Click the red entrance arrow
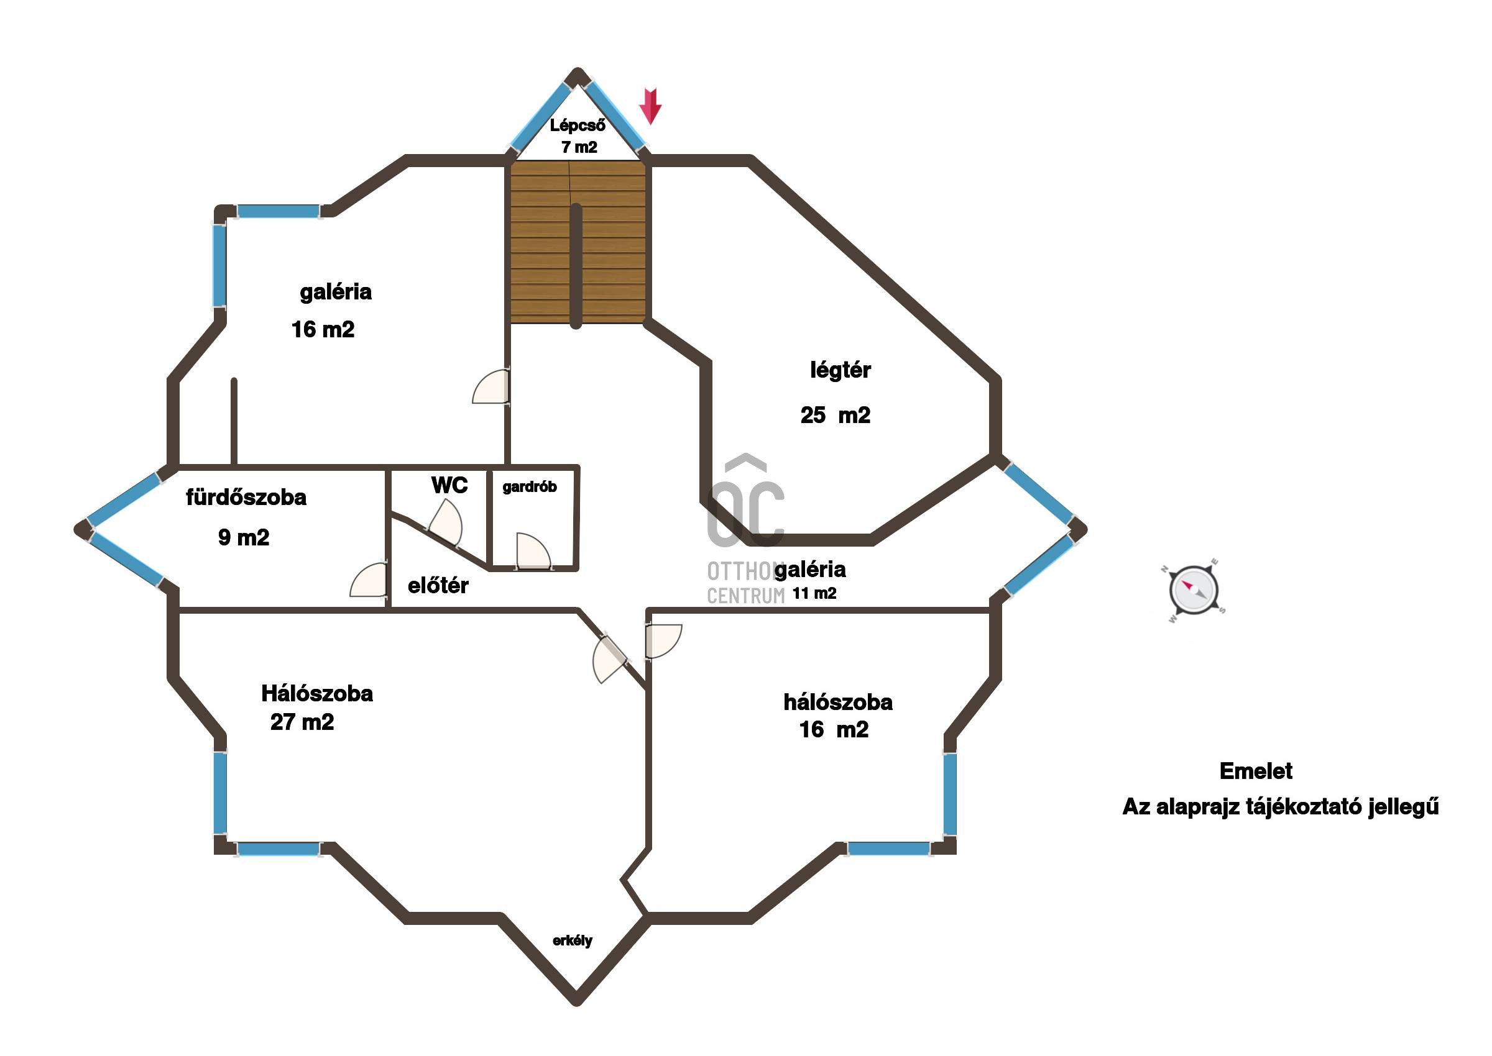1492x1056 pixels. pyautogui.click(x=650, y=106)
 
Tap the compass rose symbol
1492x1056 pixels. pyautogui.click(x=1194, y=590)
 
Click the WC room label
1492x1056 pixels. pyautogui.click(x=449, y=485)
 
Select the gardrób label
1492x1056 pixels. pyautogui.click(x=530, y=486)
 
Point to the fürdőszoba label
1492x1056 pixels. pyautogui.click(x=246, y=498)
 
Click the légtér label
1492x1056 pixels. pyautogui.click(x=840, y=370)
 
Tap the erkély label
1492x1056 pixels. pyautogui.click(x=573, y=941)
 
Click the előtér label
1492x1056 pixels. pyautogui.click(x=438, y=585)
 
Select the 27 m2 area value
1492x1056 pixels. pyautogui.click(x=302, y=722)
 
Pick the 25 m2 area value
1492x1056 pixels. pyautogui.click(x=836, y=415)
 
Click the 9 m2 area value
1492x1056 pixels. pyautogui.click(x=243, y=537)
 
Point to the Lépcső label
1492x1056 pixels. pyautogui.click(x=577, y=125)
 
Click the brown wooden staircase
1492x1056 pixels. pyautogui.click(x=578, y=242)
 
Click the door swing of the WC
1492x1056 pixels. pyautogui.click(x=446, y=522)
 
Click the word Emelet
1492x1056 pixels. pyautogui.click(x=1256, y=772)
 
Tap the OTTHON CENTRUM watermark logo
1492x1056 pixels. pyautogui.click(x=745, y=529)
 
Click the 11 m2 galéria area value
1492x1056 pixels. pyautogui.click(x=814, y=594)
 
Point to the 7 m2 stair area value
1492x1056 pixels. pyautogui.click(x=579, y=148)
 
